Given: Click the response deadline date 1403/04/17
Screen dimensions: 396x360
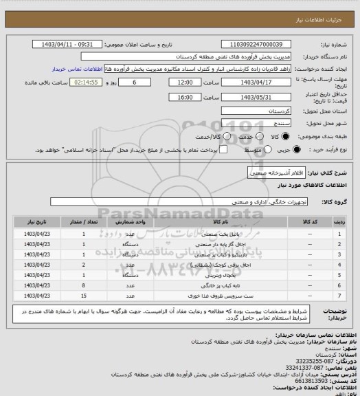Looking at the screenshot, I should click(x=263, y=81).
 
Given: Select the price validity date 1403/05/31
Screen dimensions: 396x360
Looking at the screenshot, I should click(x=263, y=97).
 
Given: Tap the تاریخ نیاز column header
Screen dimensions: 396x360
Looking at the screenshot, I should click(x=38, y=223).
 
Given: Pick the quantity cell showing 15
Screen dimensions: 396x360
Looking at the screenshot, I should click(x=84, y=295).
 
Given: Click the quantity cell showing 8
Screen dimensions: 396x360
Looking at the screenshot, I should click(x=84, y=285).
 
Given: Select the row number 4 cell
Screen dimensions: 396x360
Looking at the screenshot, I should click(x=339, y=264).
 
